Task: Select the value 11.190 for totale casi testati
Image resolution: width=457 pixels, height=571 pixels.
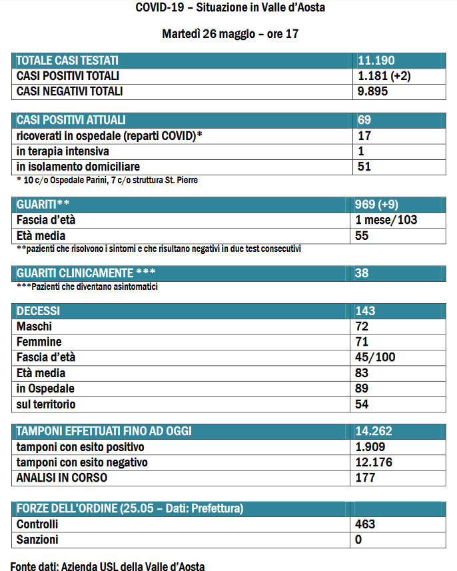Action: [376, 60]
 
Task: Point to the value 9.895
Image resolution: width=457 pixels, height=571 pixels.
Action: [372, 91]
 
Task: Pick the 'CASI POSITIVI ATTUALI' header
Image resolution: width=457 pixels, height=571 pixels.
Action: [71, 120]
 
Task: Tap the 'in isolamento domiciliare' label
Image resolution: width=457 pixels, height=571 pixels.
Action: [79, 167]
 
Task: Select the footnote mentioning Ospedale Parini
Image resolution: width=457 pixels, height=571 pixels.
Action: [107, 180]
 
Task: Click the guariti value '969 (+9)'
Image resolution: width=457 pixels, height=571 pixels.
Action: [378, 205]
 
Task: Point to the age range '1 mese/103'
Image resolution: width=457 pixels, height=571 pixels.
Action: [387, 220]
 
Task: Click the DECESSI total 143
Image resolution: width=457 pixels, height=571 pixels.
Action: [366, 311]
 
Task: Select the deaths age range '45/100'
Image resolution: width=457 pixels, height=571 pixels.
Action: [376, 357]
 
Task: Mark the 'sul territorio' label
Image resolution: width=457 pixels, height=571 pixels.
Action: [46, 404]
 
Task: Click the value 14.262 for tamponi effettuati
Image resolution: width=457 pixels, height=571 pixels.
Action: [375, 431]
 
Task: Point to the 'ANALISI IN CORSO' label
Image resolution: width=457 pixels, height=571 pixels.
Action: [62, 477]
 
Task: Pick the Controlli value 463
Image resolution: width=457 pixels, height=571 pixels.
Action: [366, 524]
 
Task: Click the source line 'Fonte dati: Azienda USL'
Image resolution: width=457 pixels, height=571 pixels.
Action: [107, 567]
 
